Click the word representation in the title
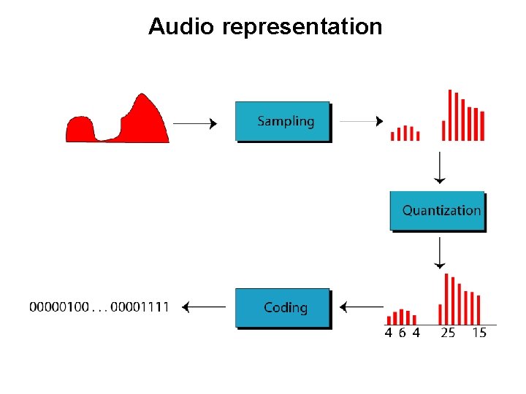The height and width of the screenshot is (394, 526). click(302, 28)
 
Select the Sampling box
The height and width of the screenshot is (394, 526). click(282, 121)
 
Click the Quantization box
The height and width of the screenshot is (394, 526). click(437, 210)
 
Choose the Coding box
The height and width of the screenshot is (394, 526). click(282, 307)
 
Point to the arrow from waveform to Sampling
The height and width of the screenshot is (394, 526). click(195, 124)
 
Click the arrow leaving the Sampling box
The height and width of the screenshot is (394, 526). click(362, 121)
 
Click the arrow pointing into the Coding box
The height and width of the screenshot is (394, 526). click(362, 308)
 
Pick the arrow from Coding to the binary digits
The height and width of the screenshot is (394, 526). click(204, 307)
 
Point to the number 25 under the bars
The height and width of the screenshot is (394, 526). click(448, 333)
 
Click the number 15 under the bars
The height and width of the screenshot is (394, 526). click(479, 333)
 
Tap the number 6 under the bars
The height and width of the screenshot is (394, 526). click(402, 333)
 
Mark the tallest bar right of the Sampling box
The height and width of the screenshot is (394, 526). click(450, 115)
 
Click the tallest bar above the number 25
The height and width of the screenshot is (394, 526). click(446, 299)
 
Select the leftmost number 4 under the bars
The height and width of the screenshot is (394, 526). click(388, 333)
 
